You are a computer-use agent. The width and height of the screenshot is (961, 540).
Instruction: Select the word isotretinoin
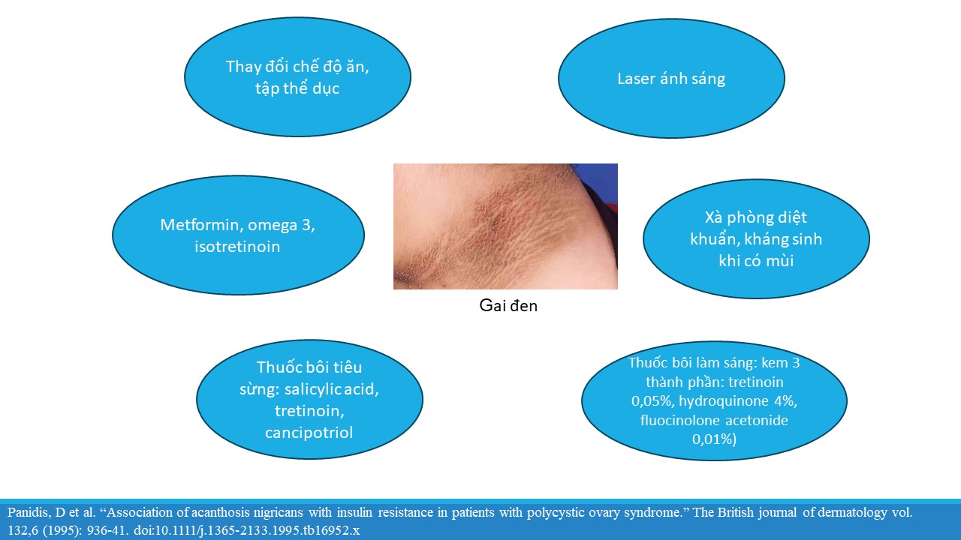click(x=237, y=247)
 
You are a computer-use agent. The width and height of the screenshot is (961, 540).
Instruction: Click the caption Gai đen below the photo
click(x=508, y=305)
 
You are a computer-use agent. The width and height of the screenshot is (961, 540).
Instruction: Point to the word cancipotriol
click(x=309, y=433)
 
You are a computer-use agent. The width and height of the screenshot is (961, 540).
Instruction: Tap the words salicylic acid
click(x=332, y=389)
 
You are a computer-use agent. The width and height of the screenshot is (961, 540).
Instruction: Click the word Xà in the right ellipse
click(x=713, y=217)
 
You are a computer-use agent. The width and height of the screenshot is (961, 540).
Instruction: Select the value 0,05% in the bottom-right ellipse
click(x=652, y=401)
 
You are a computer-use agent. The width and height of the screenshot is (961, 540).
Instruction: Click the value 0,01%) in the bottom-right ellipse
click(x=714, y=439)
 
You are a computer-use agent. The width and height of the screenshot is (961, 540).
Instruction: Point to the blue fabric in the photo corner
click(x=599, y=180)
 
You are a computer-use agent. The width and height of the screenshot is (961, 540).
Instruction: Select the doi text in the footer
click(x=246, y=530)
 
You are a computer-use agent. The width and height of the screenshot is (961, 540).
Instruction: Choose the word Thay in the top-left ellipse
click(x=243, y=67)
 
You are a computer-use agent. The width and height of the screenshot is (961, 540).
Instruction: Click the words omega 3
click(x=281, y=225)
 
